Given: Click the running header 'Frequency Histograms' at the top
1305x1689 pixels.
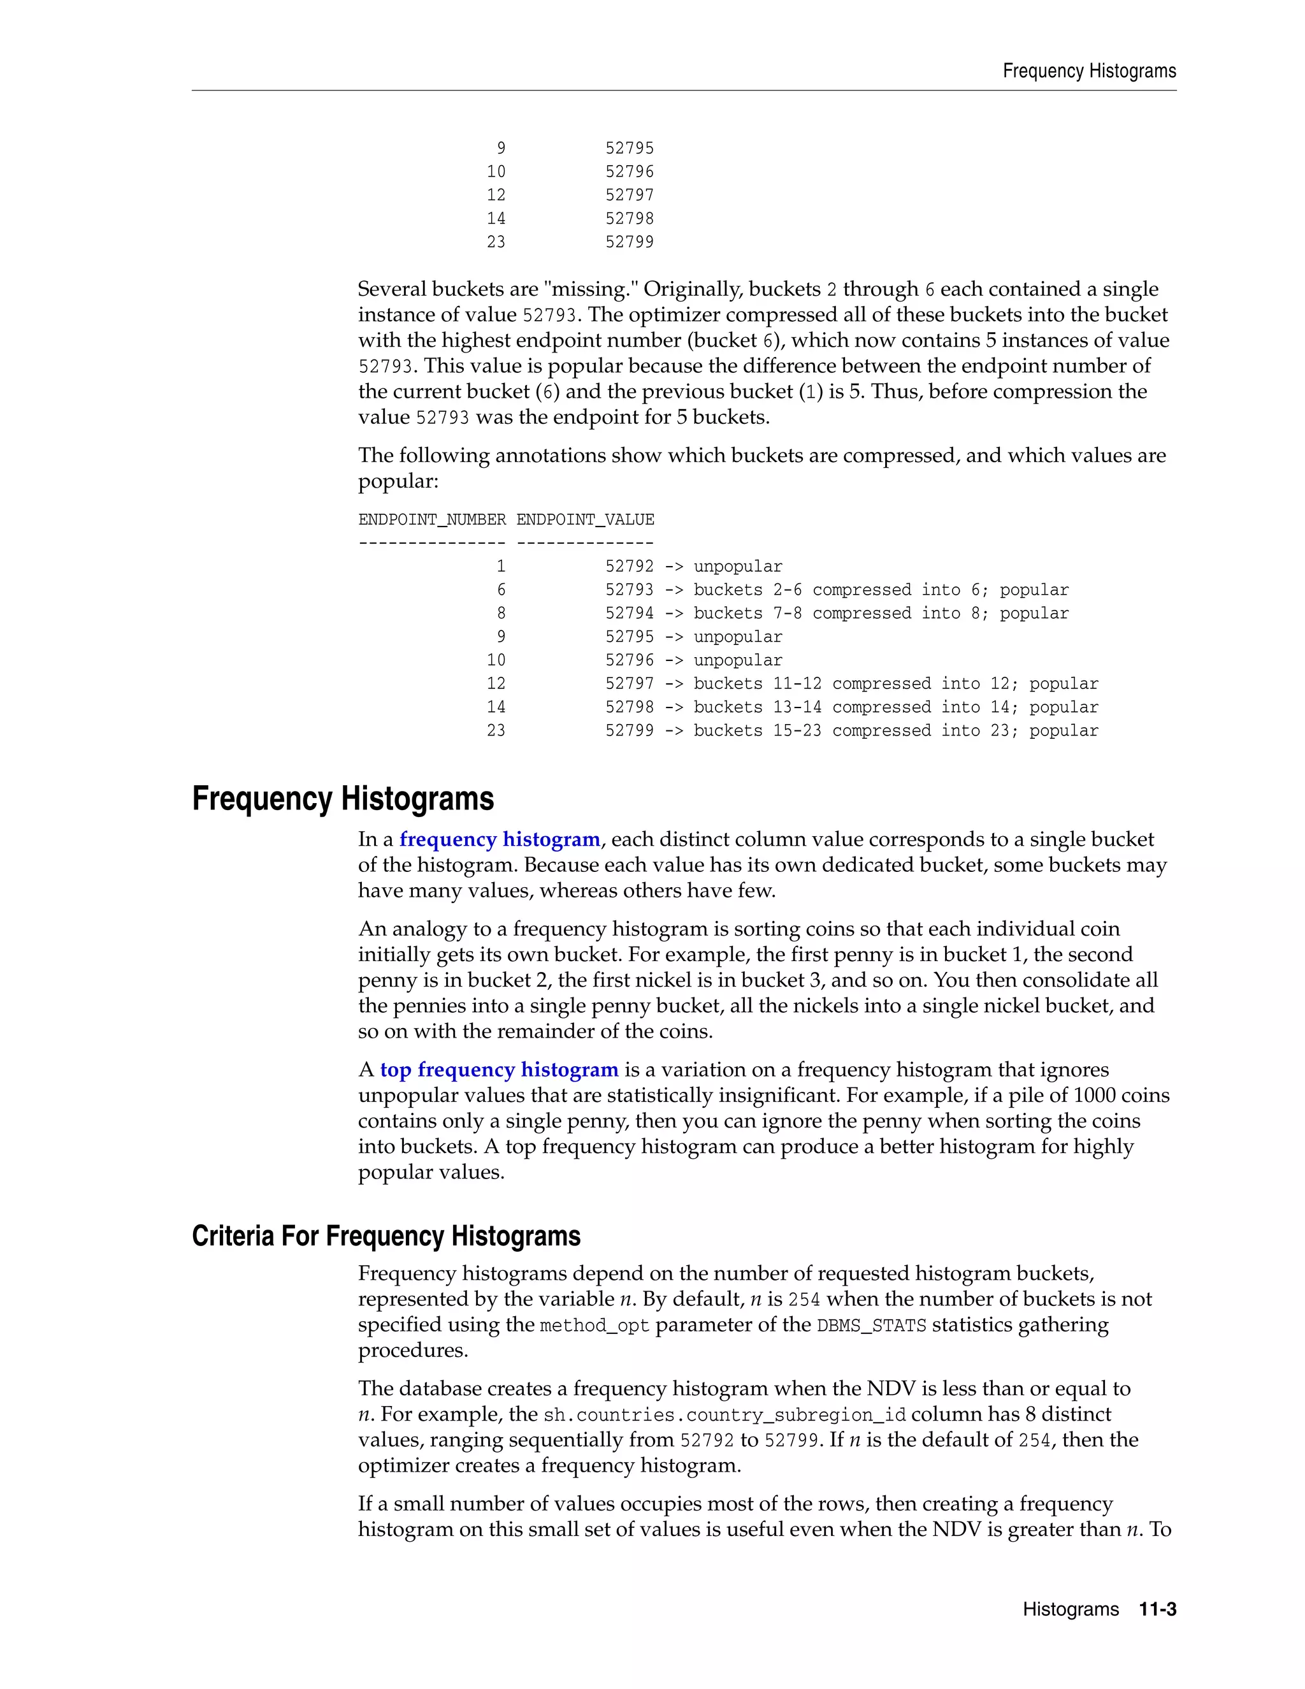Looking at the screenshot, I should [1088, 71].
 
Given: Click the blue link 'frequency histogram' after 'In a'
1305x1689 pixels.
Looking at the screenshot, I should [500, 840].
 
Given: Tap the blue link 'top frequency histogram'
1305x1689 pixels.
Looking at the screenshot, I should [499, 1070].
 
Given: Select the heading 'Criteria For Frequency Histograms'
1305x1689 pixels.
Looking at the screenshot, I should [386, 1236].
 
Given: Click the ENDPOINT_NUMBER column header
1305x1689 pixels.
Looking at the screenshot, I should [431, 519].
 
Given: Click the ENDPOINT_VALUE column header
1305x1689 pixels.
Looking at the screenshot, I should [585, 519].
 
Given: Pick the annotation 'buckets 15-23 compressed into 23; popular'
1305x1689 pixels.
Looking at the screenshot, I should [895, 731].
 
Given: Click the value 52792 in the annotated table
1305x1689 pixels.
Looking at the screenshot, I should [630, 567].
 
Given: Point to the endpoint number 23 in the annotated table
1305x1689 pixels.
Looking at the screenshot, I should [496, 731].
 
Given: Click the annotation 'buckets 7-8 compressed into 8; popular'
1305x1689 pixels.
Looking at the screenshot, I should [881, 613].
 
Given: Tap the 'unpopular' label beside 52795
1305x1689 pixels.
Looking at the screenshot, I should [737, 637].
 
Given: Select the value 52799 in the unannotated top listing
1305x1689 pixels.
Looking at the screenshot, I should [630, 242].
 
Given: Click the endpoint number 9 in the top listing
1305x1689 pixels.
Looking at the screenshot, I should [501, 149].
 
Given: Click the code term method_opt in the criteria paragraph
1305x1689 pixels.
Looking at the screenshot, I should [595, 1326].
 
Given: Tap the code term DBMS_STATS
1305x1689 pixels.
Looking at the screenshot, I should [871, 1326].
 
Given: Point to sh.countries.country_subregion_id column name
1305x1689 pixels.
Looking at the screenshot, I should [725, 1415].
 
